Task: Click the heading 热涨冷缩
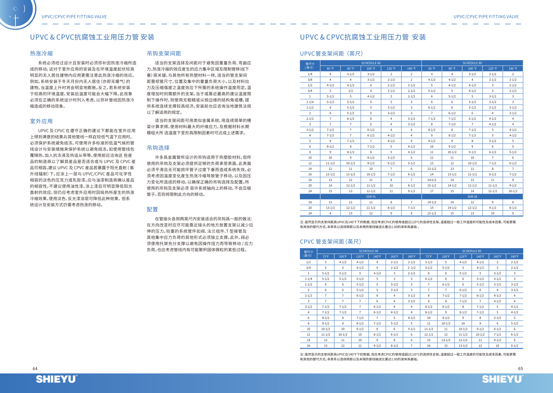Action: coord(41,54)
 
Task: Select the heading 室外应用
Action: coord(41,121)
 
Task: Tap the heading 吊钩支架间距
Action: coord(164,54)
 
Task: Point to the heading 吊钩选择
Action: coord(158,148)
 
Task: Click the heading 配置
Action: coord(152,209)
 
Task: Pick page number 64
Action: coord(35,369)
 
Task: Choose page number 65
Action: coord(520,369)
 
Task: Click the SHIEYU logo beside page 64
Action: coord(57,379)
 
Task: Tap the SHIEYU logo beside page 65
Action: coord(503,379)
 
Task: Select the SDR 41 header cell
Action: coord(371,197)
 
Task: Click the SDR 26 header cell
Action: coord(472,197)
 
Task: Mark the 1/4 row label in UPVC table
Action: coord(310,74)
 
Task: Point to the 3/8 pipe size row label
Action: coord(310,80)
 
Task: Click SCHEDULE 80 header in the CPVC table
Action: coord(471,251)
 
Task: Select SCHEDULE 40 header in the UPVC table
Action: coord(371,63)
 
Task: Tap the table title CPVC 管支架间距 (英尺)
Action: coord(330,242)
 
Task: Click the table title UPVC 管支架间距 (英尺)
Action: coord(331,54)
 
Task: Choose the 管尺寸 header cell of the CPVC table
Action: coord(308,254)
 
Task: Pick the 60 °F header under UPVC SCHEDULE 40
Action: coord(330,69)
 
